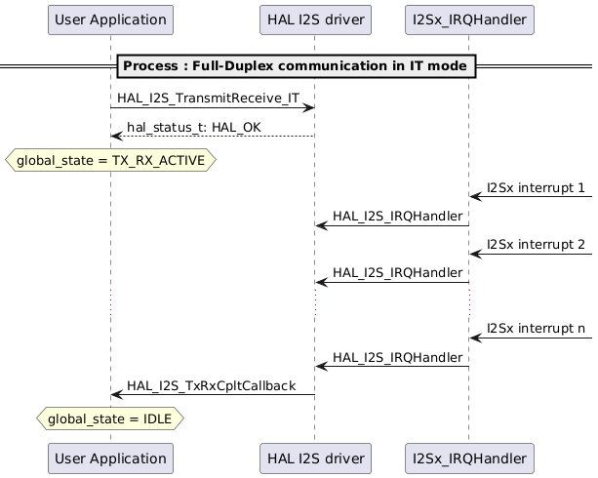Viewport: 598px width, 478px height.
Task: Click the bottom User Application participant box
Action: tap(110, 458)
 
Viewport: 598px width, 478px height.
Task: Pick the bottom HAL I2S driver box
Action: tap(314, 458)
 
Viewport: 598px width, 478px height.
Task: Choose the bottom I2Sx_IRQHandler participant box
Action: tap(468, 458)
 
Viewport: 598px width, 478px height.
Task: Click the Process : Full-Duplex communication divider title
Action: tap(297, 65)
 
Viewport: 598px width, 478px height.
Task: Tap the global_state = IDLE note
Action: tap(110, 418)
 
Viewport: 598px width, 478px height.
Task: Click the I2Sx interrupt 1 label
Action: tap(536, 187)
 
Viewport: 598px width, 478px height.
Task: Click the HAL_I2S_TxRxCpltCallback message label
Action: tap(211, 385)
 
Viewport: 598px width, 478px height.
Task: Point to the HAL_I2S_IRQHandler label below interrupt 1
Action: tap(397, 216)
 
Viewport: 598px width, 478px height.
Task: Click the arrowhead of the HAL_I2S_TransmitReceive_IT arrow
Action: tap(309, 107)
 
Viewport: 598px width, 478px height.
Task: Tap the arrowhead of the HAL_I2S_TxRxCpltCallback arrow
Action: tap(116, 394)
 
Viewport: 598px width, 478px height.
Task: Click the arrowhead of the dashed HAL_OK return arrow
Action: tap(116, 137)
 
